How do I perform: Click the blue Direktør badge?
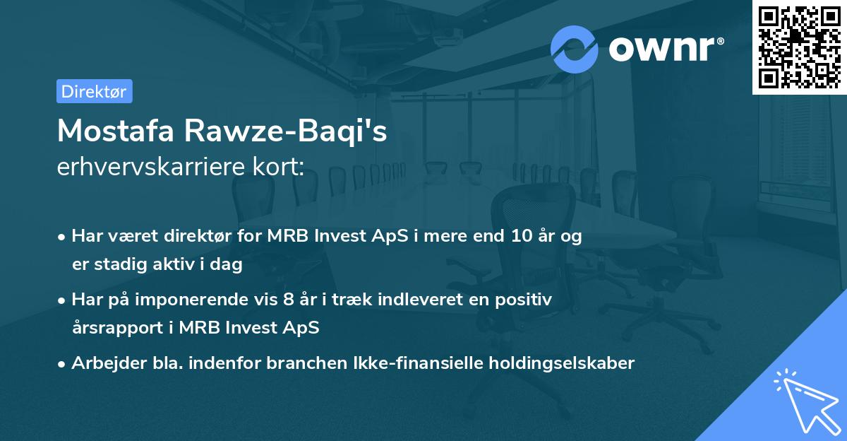(95, 91)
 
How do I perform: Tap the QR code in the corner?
(799, 47)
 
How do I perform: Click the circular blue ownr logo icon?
(574, 49)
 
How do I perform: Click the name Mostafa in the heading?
(116, 131)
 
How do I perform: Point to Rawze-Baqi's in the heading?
(286, 131)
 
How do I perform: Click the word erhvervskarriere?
(151, 166)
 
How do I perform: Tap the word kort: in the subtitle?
(278, 166)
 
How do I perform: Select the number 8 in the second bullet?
(289, 299)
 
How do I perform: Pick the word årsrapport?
(118, 328)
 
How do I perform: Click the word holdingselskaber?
(562, 363)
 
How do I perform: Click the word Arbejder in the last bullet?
(109, 363)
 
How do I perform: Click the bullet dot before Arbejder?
(61, 365)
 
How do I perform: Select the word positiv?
(523, 300)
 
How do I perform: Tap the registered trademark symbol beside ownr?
(720, 41)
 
